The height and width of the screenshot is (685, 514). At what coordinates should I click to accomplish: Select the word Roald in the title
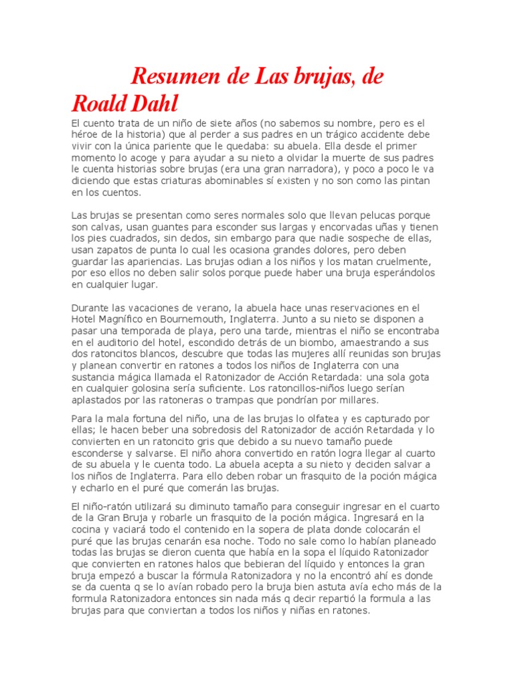(x=98, y=104)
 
